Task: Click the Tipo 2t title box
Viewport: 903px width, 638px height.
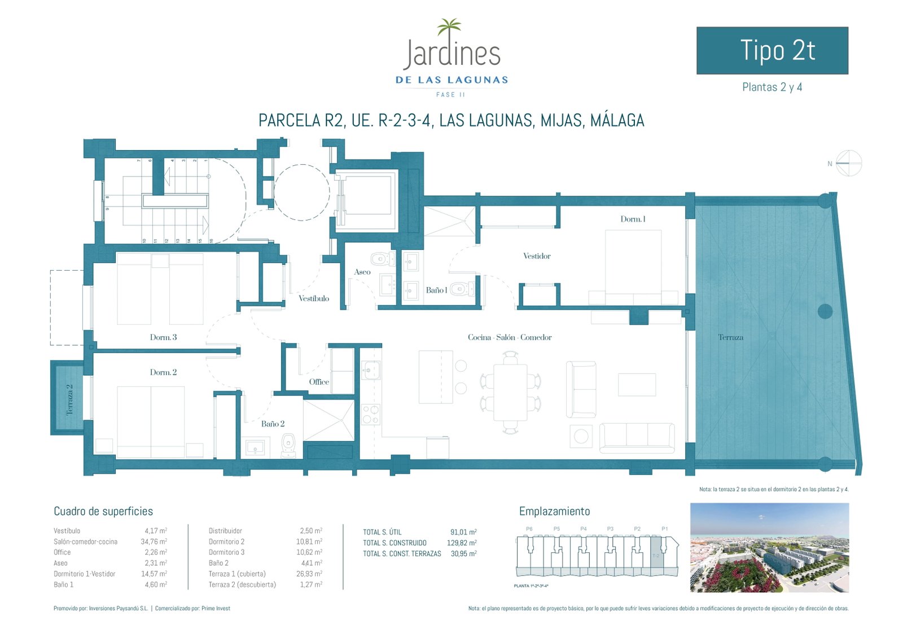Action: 772,51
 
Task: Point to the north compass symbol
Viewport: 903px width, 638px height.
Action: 848,164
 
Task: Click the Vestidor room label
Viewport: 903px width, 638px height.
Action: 537,256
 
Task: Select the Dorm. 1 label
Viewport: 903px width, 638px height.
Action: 633,219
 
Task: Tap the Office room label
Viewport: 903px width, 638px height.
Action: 319,382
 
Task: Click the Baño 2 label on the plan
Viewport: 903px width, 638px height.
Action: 273,424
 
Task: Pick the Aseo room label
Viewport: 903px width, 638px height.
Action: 362,272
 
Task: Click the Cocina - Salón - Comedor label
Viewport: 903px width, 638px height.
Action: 510,337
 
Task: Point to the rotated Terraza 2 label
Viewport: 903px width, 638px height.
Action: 70,399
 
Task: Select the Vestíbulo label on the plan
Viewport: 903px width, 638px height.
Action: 314,298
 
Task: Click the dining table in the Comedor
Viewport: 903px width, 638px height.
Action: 510,392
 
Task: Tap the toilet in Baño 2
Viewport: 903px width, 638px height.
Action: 288,444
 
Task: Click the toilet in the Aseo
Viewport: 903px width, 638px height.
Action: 382,259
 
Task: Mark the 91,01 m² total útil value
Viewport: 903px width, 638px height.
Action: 463,532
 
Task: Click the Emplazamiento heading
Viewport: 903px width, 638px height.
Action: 554,512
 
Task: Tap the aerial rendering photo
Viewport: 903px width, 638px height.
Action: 769,548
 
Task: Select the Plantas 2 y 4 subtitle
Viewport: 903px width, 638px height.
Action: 772,87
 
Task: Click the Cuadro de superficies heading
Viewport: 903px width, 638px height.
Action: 103,512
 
